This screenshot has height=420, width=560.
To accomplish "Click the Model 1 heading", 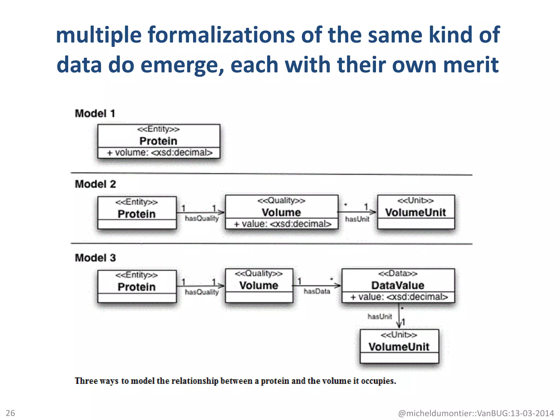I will [x=95, y=113].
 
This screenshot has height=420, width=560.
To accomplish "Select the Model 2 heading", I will [x=95, y=184].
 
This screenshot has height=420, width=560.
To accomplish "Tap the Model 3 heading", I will [x=95, y=258].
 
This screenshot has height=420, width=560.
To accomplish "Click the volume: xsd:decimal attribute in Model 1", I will [x=159, y=153].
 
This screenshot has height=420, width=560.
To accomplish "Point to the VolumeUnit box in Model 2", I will [x=416, y=212].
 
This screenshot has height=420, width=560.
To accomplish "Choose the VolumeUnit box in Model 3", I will [x=399, y=346].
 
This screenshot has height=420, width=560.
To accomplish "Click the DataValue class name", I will [x=398, y=285].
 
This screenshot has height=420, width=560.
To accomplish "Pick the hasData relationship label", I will [x=317, y=291].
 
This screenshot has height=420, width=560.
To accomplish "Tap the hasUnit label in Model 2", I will [x=357, y=219].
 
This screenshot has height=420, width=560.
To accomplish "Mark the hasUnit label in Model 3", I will [x=380, y=316].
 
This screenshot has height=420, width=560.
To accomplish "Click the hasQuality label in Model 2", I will [x=202, y=218].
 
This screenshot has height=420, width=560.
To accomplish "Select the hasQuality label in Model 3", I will [x=202, y=292].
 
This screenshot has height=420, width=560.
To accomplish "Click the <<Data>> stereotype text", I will [x=398, y=273].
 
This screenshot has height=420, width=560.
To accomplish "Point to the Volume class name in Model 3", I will [x=259, y=285].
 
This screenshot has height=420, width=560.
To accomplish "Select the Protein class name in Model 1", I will [x=158, y=141].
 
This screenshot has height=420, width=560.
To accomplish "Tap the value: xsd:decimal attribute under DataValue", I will [x=399, y=297].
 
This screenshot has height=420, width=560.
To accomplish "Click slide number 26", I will [x=10, y=413].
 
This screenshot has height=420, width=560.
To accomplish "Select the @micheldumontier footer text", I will [x=476, y=413].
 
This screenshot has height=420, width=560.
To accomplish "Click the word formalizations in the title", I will [x=221, y=35].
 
